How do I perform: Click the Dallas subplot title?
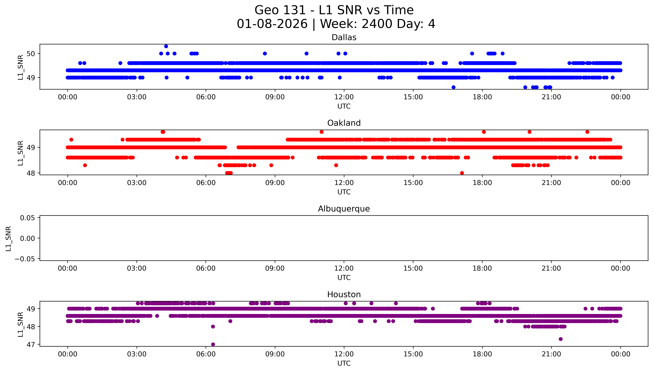tap(344, 38)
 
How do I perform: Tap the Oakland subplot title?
tap(344, 123)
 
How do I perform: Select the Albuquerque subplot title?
tap(344, 209)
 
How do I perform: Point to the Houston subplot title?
tap(344, 295)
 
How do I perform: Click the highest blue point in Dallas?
tap(166, 46)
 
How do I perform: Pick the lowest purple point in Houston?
tap(213, 344)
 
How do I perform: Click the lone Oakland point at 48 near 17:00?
tap(462, 173)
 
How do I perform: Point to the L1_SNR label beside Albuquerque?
tap(8, 238)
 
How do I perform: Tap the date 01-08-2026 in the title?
tap(272, 24)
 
